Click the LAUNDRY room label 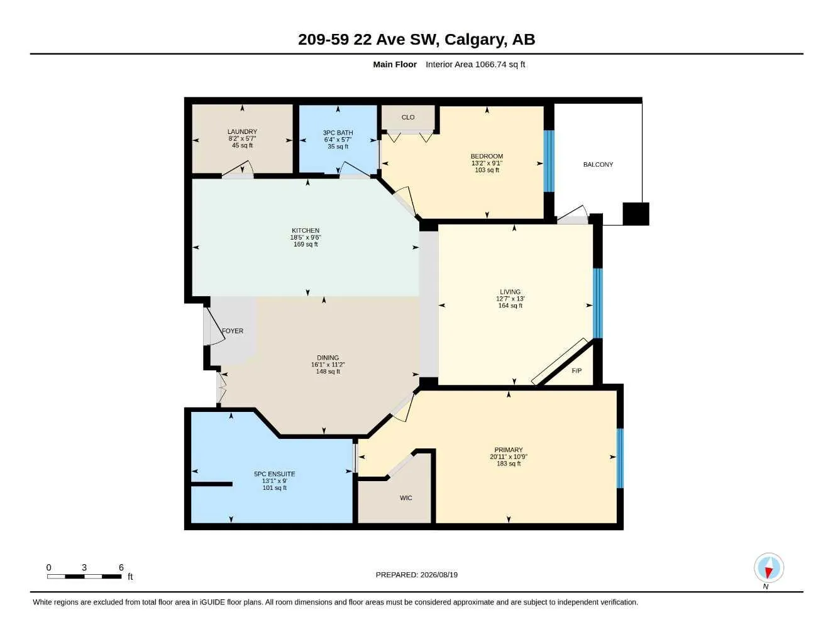tap(242, 131)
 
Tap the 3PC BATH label tap(338, 133)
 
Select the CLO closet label tap(408, 118)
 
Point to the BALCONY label tap(598, 164)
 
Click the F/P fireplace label tap(576, 370)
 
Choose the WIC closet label tap(406, 498)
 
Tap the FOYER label tap(233, 331)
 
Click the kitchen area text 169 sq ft tap(306, 244)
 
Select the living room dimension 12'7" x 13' tap(510, 299)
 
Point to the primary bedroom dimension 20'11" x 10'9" tap(509, 457)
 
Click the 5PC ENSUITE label tap(275, 474)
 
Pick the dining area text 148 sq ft tap(328, 372)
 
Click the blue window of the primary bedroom tap(620, 458)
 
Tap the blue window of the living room tap(598, 303)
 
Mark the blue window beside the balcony tap(549, 161)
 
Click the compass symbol tap(769, 568)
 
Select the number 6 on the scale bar tap(121, 567)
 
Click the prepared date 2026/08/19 tap(439, 575)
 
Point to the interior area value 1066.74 tap(490, 64)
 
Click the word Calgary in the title tap(473, 40)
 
